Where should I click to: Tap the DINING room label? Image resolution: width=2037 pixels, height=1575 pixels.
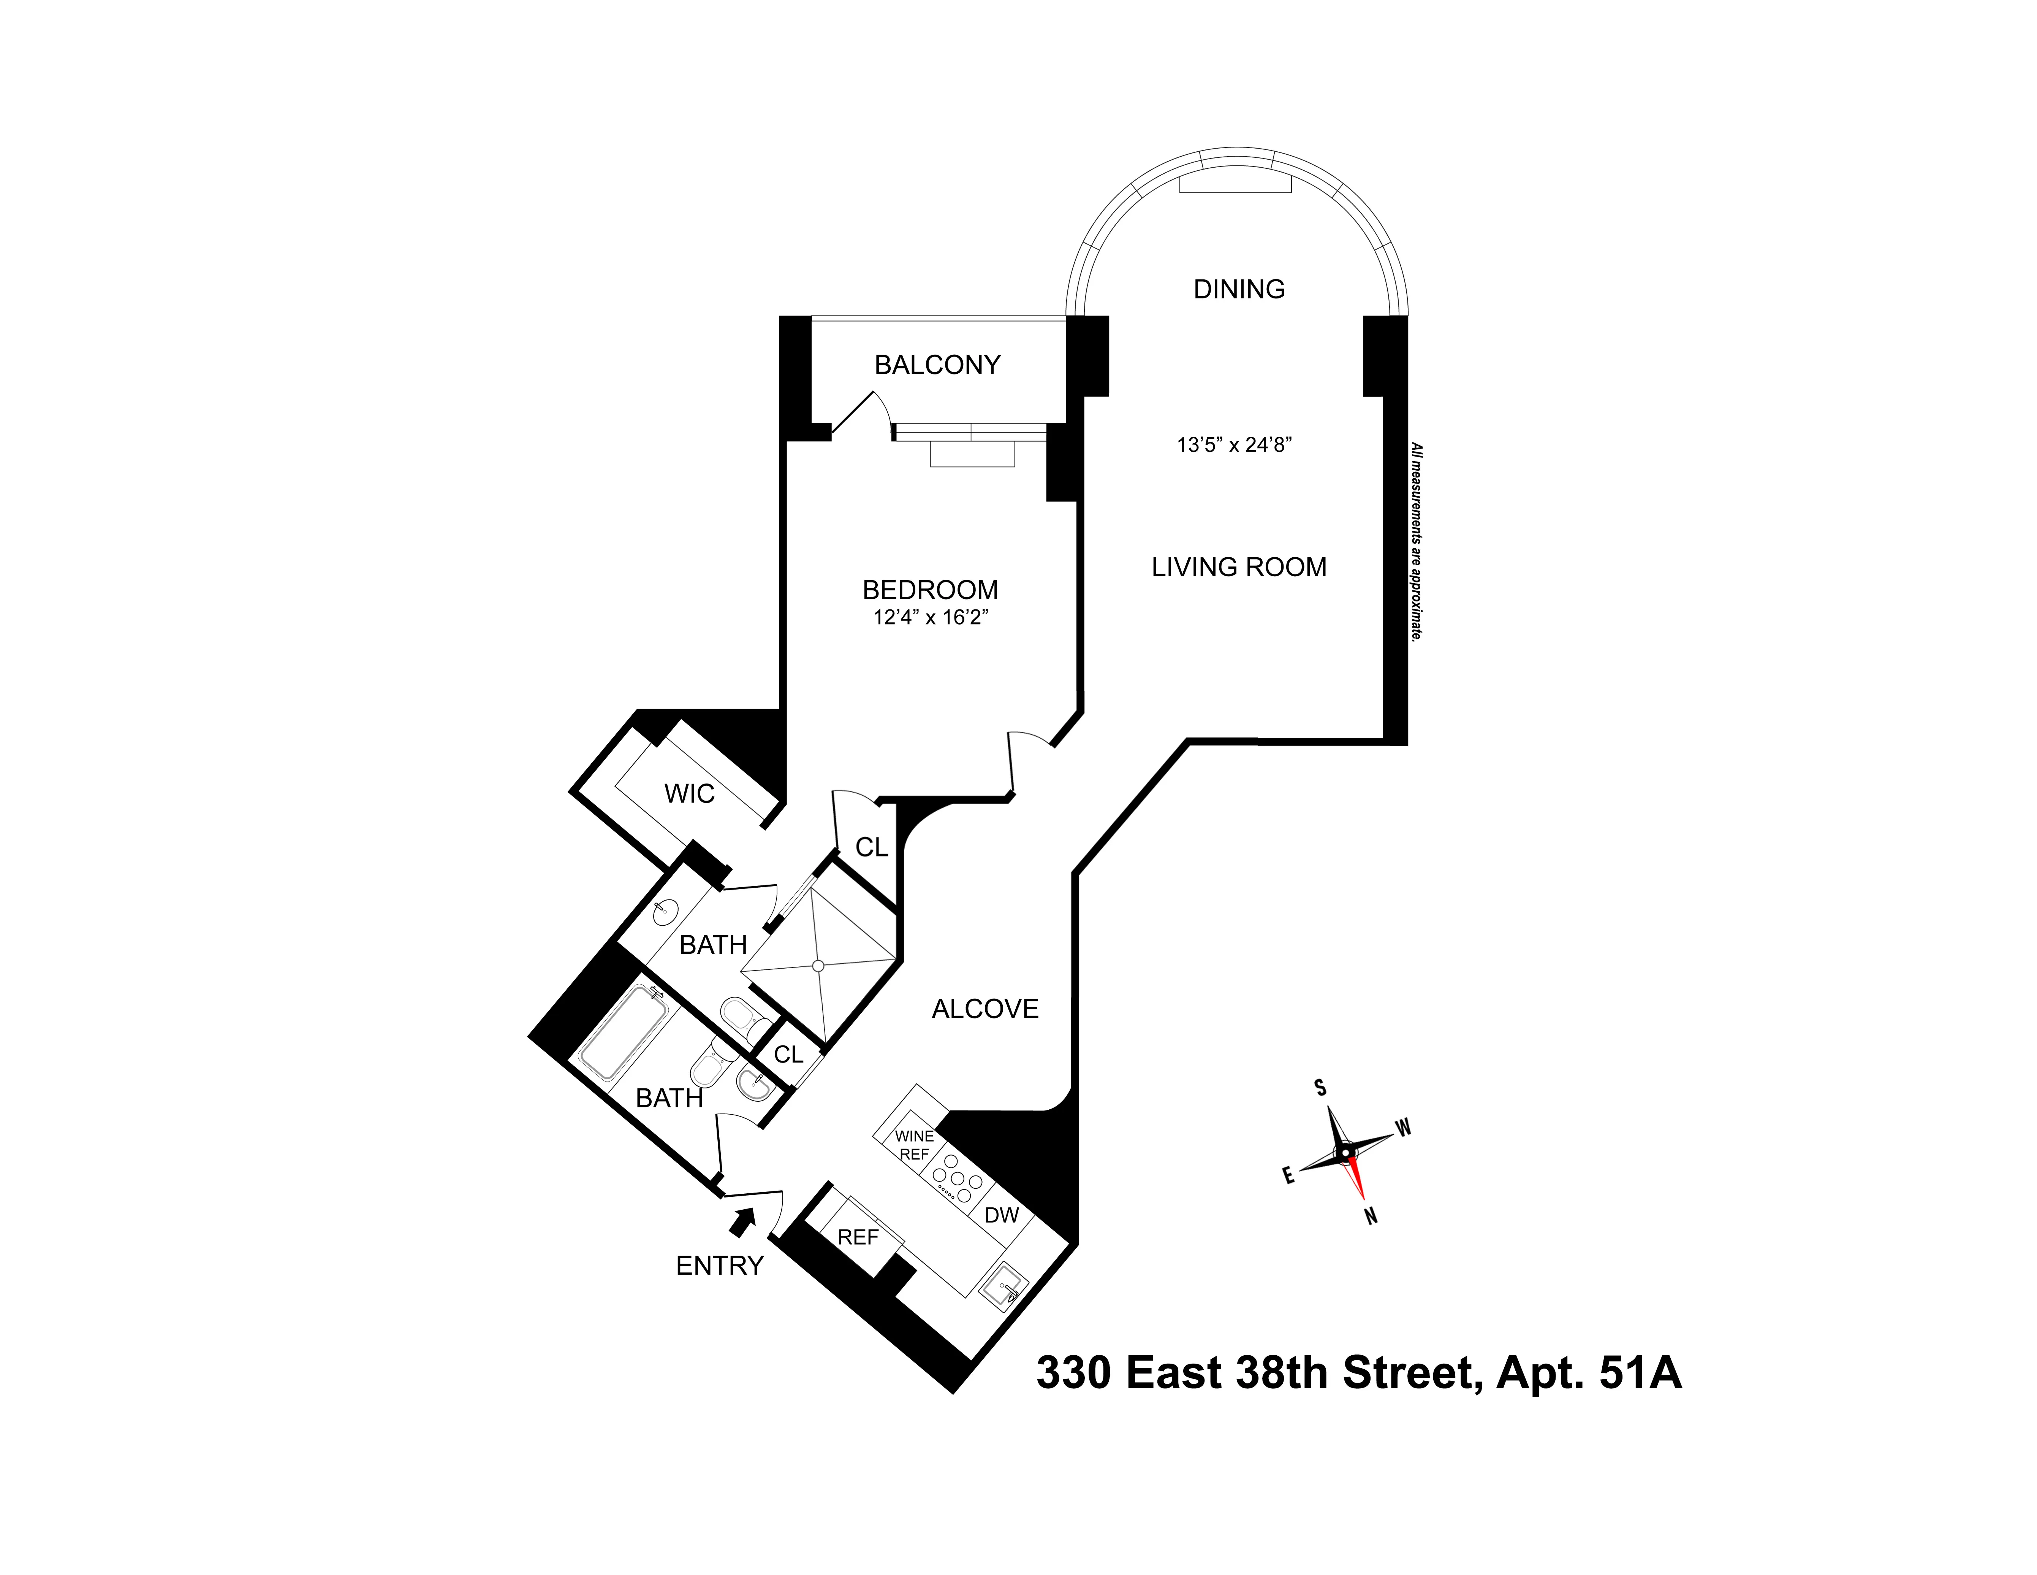(x=1239, y=289)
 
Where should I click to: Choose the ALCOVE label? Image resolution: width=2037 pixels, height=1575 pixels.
(x=985, y=1009)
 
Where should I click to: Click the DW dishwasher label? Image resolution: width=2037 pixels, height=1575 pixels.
(x=1002, y=1215)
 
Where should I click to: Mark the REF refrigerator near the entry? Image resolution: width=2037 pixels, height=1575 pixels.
(x=857, y=1237)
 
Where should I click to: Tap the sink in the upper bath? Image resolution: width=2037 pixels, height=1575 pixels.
(x=665, y=912)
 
